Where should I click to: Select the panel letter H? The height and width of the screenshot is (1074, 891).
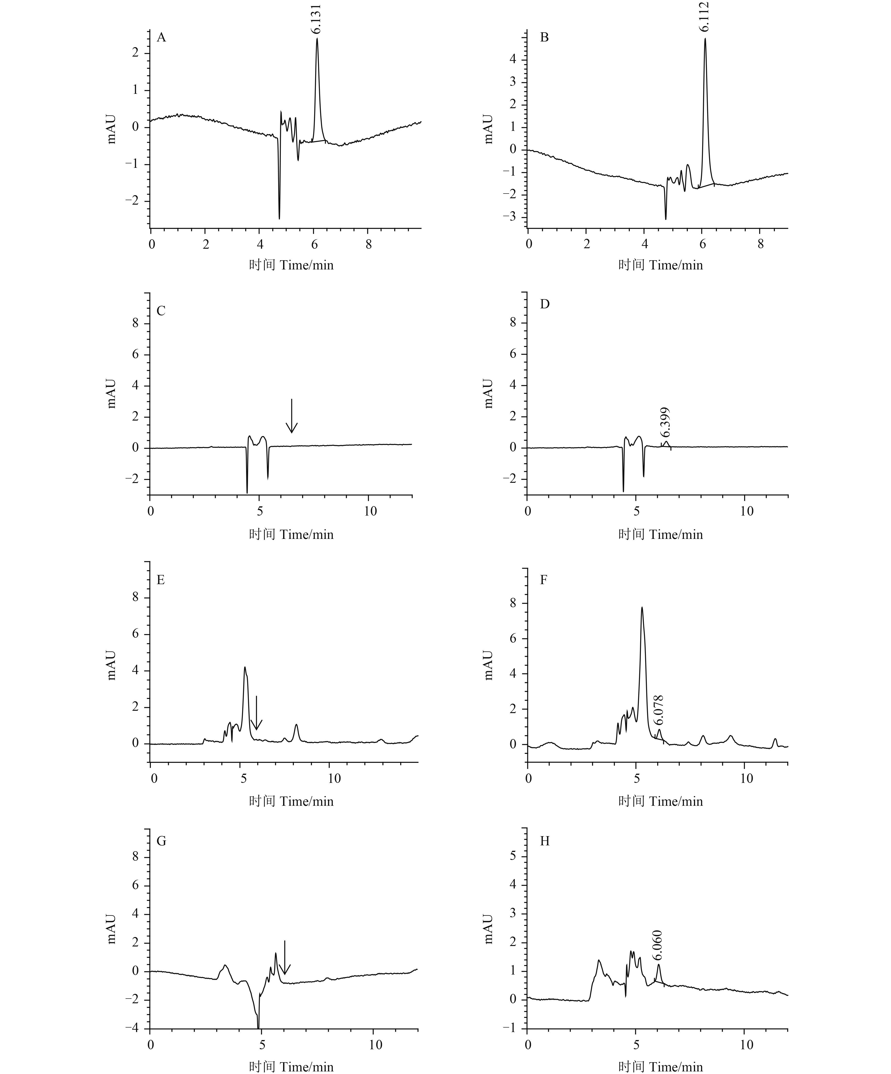tap(545, 841)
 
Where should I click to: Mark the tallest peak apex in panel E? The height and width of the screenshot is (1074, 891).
tap(245, 667)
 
